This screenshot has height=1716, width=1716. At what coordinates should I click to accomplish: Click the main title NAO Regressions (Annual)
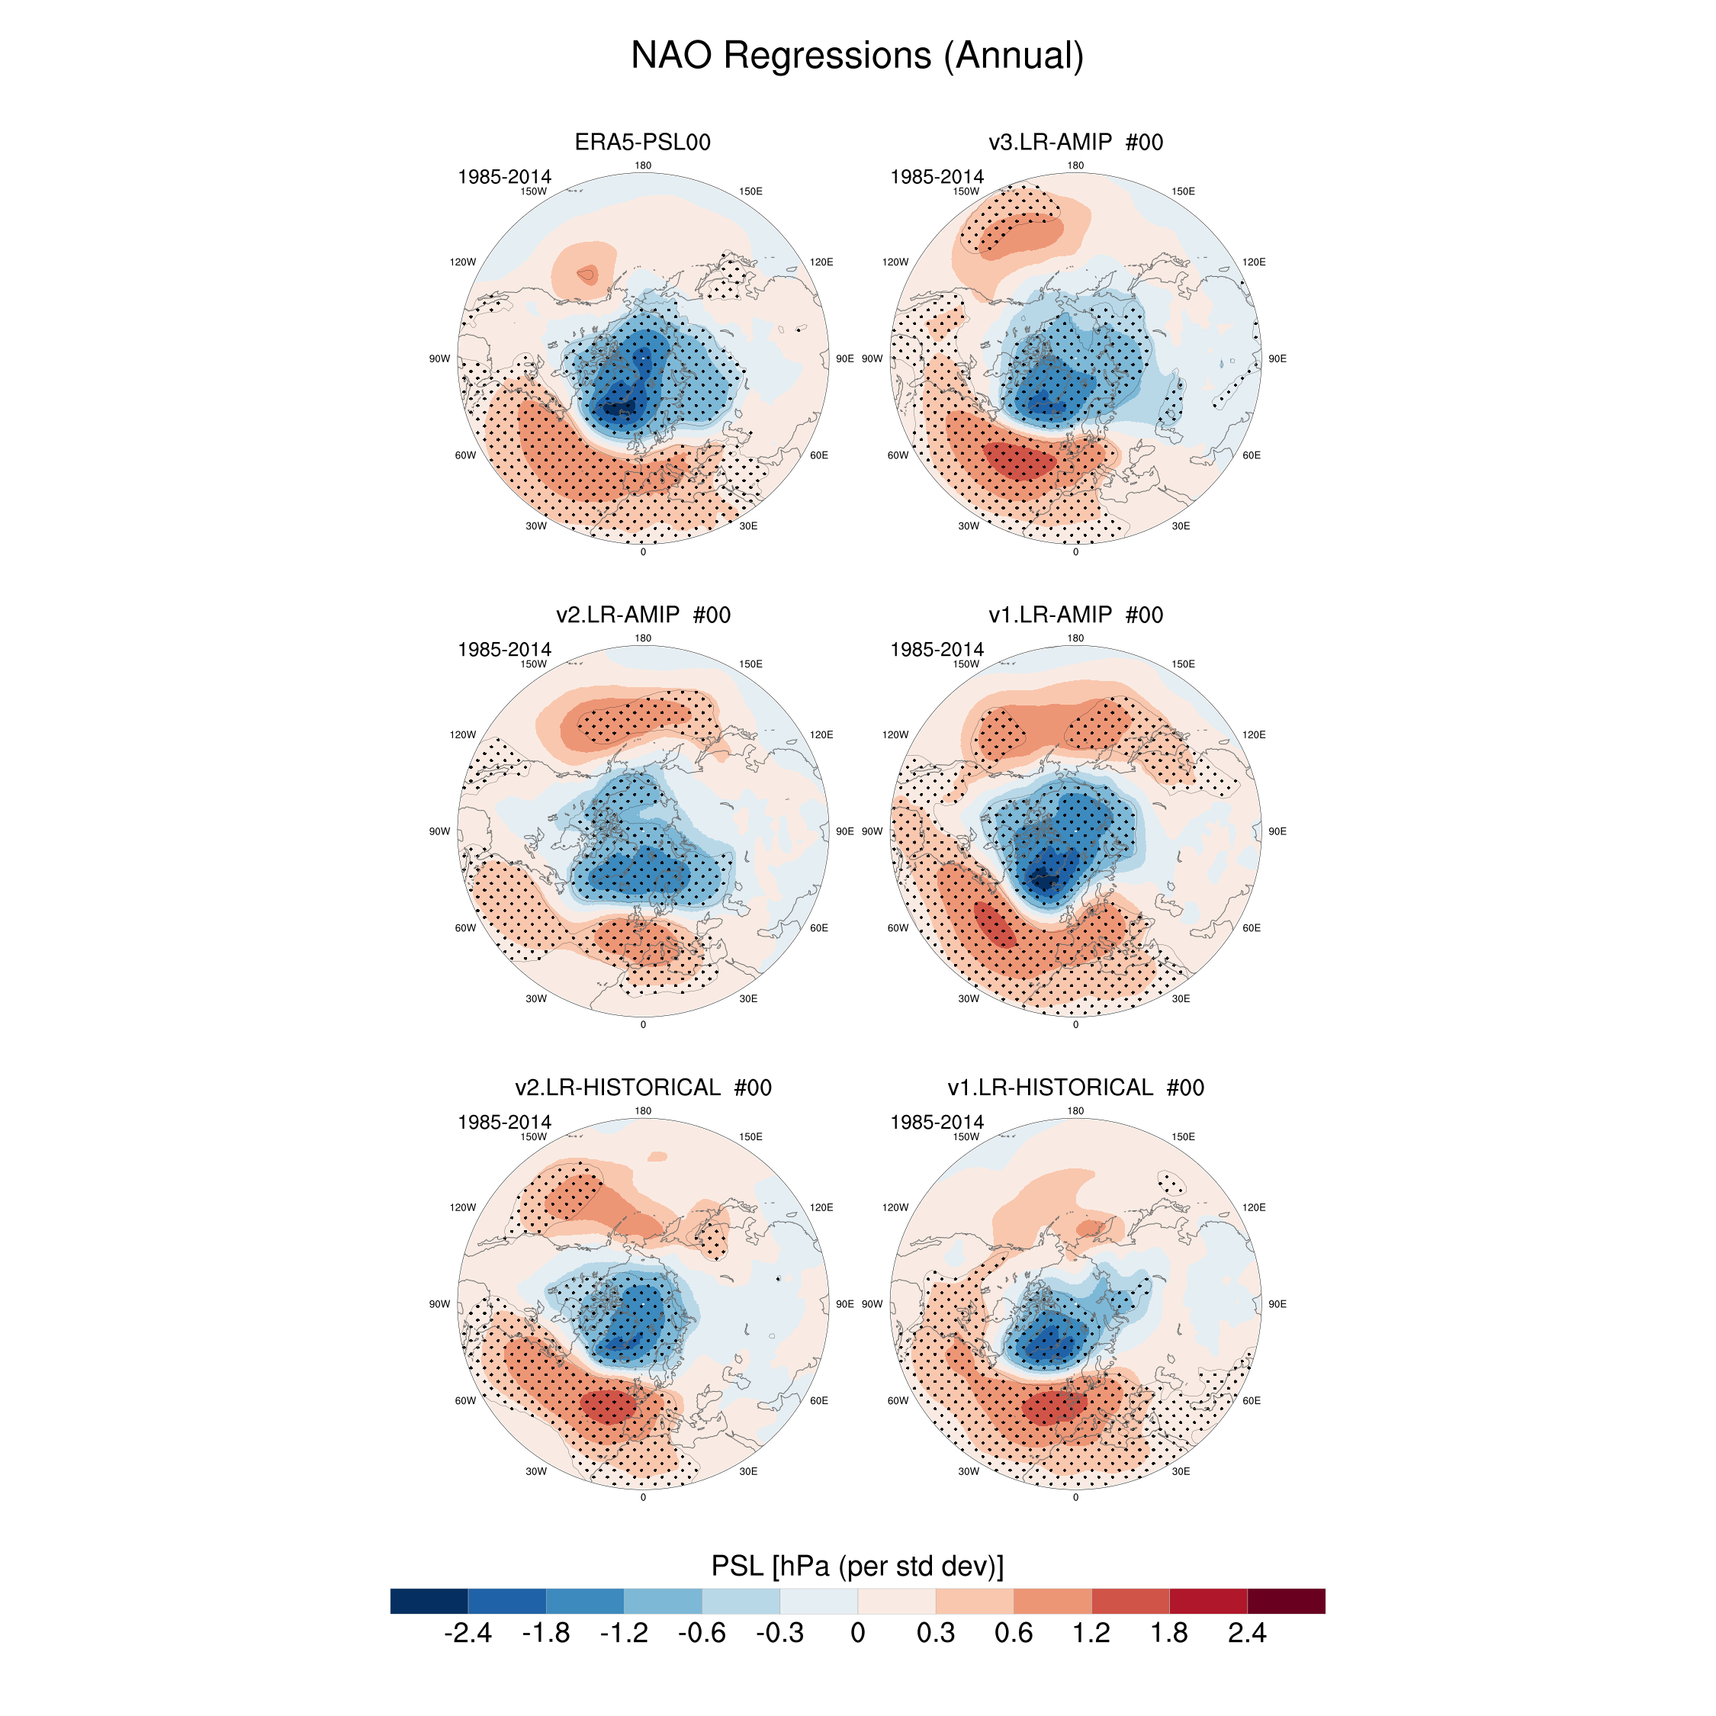tap(857, 55)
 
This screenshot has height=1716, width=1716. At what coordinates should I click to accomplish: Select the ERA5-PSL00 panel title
tap(642, 142)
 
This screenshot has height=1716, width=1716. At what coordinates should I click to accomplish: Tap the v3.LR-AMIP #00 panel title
tap(1075, 142)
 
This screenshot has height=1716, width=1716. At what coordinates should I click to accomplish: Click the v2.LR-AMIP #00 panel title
tap(643, 615)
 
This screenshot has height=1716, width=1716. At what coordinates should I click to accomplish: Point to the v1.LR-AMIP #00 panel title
tap(1075, 615)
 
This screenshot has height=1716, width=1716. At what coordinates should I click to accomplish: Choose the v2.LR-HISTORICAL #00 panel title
tap(643, 1087)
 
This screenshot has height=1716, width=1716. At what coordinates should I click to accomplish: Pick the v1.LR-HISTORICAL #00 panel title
tap(1075, 1087)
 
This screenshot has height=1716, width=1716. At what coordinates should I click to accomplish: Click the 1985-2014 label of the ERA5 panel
tap(504, 177)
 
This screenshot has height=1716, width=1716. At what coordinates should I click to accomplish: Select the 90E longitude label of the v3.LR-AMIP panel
tap(1277, 358)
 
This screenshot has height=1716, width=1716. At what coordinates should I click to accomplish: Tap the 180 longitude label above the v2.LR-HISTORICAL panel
tap(643, 1111)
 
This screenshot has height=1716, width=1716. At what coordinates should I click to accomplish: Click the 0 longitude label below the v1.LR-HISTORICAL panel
tap(1075, 1498)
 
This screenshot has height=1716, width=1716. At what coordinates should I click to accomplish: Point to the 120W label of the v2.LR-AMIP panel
tap(463, 734)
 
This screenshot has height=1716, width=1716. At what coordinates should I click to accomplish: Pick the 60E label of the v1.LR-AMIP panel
tap(1252, 928)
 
